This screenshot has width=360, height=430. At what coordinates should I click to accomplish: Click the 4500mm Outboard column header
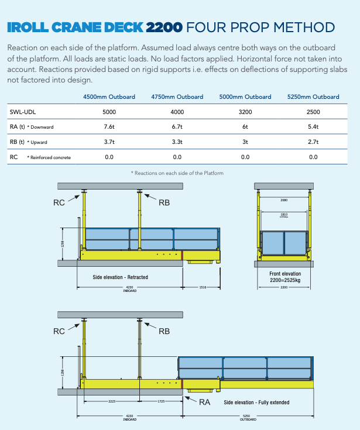tap(109, 97)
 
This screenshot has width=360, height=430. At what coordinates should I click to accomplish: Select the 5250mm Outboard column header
tap(313, 97)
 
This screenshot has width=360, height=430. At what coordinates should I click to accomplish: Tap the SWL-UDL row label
tap(22, 111)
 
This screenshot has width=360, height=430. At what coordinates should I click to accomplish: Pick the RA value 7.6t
tap(109, 126)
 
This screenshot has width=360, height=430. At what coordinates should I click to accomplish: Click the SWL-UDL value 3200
tap(245, 111)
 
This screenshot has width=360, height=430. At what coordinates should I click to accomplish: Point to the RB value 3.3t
tap(177, 142)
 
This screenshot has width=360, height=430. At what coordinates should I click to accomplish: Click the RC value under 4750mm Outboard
tap(177, 157)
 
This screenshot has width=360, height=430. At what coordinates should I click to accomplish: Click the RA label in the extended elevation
tap(204, 402)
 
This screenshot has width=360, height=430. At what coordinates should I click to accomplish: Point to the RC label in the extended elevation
tap(59, 331)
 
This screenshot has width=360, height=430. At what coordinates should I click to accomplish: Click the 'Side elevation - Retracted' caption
tap(121, 277)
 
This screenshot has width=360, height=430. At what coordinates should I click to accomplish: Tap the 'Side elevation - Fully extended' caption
tap(256, 403)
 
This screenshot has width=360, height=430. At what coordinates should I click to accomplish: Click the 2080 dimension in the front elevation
tap(284, 200)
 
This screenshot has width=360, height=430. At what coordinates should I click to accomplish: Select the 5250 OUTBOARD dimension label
tap(248, 418)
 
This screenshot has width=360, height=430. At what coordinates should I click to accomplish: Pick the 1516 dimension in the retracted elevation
tap(203, 287)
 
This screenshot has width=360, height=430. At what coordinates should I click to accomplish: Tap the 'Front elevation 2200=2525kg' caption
tap(285, 277)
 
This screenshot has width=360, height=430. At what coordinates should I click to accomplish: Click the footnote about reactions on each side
tap(177, 173)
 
